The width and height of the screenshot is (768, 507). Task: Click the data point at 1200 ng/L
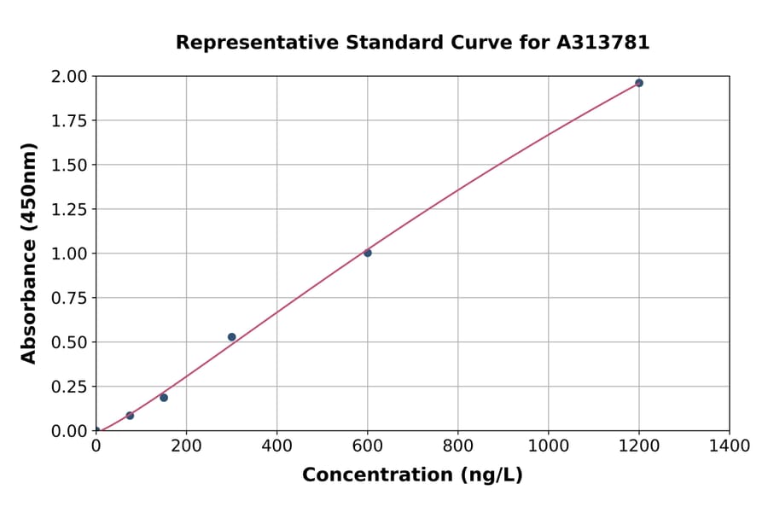coord(639,83)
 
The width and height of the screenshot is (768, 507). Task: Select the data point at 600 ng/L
coord(368,253)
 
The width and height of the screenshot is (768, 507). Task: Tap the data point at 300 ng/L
coord(232,337)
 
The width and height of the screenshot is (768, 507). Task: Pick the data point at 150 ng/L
coord(164,398)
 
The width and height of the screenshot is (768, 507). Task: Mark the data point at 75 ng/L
coord(130,416)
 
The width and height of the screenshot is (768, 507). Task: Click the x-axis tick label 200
coord(186,446)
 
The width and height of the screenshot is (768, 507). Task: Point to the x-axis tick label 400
coord(276,446)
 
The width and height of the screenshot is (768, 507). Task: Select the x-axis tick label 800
coord(458,446)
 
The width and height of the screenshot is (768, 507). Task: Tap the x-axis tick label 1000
coord(549,446)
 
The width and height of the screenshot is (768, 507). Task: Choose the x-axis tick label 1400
coord(730,446)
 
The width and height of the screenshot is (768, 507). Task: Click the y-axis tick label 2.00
coord(70,77)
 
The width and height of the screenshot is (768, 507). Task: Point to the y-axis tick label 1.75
coord(70,120)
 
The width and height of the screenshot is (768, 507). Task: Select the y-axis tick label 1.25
coord(70,209)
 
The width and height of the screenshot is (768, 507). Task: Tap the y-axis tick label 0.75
coord(70,298)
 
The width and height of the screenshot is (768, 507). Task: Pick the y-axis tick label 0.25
coord(70,387)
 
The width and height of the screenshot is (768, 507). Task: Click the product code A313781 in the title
coord(602,43)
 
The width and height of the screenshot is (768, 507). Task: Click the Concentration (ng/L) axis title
coord(412,475)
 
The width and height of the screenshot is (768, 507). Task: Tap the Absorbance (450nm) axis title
coord(29,253)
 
